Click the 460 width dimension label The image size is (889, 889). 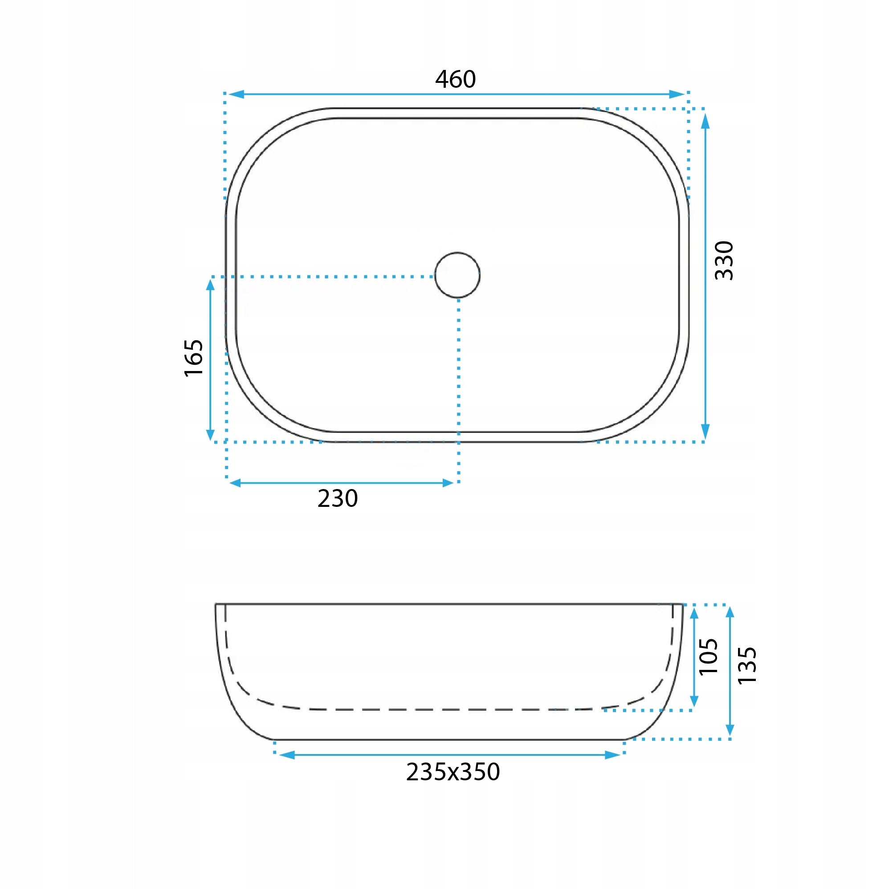tap(455, 79)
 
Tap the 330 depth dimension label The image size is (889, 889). tap(724, 261)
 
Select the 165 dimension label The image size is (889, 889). tap(194, 358)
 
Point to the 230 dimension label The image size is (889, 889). tap(337, 498)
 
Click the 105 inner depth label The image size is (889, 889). tap(708, 657)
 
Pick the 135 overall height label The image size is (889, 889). tap(747, 665)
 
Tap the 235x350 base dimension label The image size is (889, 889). tap(453, 772)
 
